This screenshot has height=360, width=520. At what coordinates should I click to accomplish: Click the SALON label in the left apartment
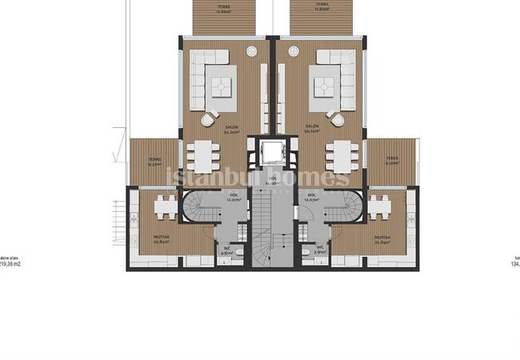coord(210,127)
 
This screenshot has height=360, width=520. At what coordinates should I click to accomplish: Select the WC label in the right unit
coord(319,248)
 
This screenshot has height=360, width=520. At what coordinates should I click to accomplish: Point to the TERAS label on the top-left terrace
coord(223,6)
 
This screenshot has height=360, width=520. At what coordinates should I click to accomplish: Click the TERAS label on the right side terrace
coord(391,159)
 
